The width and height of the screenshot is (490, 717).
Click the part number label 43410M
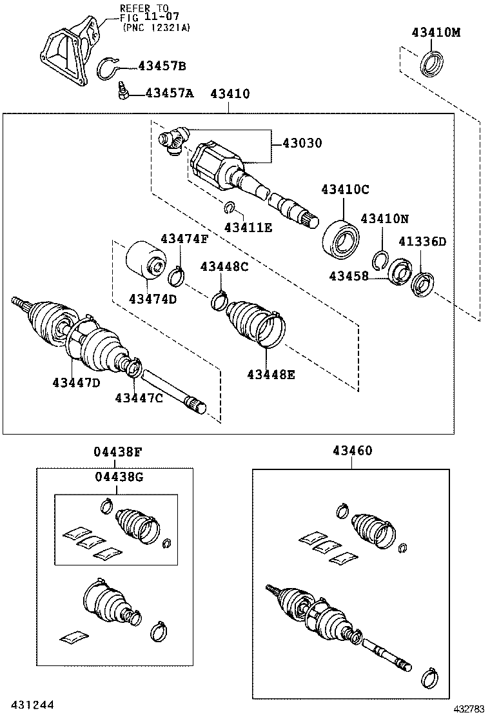pyautogui.click(x=436, y=32)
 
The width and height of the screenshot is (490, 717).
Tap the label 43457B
pyautogui.click(x=162, y=66)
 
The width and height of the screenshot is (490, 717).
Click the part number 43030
pyautogui.click(x=302, y=142)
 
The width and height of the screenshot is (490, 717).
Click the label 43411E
pyautogui.click(x=248, y=226)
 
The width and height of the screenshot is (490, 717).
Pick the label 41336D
pyautogui.click(x=422, y=242)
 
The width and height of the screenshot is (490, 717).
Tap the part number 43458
pyautogui.click(x=349, y=275)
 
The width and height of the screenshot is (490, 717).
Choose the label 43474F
pyautogui.click(x=184, y=239)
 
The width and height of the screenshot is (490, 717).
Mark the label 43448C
pyautogui.click(x=224, y=266)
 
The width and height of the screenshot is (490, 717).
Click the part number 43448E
pyautogui.click(x=271, y=374)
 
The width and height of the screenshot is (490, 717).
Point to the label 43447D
pyautogui.click(x=76, y=382)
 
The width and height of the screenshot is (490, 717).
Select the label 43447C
pyautogui.click(x=139, y=398)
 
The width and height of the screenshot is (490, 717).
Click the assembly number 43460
pyautogui.click(x=352, y=451)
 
